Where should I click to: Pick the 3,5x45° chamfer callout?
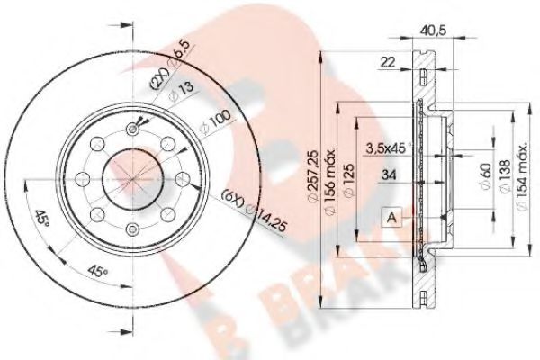coord(389,148)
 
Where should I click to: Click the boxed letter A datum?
coord(392,217)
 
